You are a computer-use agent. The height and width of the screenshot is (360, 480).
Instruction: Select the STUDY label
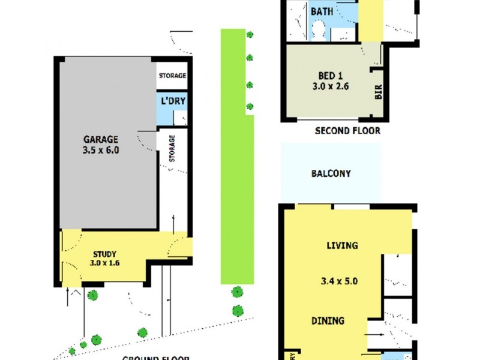click(104, 253)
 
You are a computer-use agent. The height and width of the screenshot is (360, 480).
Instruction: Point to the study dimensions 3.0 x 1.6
click(104, 263)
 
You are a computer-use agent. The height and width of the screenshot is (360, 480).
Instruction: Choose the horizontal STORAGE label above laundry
click(172, 76)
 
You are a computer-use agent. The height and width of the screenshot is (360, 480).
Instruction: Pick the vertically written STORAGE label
click(172, 148)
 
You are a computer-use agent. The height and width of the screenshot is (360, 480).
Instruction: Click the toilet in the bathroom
click(319, 29)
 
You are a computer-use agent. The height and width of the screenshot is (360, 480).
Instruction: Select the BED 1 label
click(330, 76)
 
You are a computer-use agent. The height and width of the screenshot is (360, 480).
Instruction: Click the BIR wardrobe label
click(379, 92)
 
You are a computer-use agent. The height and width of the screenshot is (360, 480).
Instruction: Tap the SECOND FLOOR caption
click(347, 130)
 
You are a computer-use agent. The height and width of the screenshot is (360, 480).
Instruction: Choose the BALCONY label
click(331, 174)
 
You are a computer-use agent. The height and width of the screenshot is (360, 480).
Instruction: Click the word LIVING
click(342, 245)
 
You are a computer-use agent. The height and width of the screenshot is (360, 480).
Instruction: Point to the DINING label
click(328, 321)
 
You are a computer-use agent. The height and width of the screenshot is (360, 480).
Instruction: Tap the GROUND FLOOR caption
click(155, 358)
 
